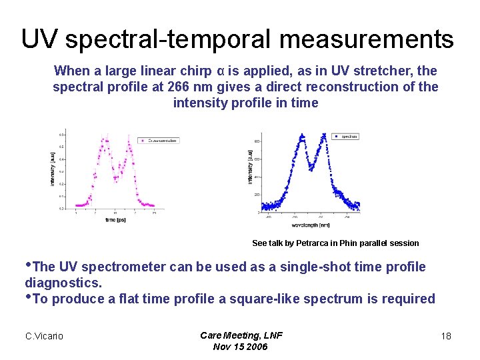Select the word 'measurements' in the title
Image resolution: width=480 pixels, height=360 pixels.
tap(367, 39)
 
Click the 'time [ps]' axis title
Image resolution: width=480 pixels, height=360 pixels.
tap(115, 220)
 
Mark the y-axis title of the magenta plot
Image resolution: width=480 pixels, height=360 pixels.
tap(53, 169)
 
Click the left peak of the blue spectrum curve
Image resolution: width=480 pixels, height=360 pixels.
tap(302, 137)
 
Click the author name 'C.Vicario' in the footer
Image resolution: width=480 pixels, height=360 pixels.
tap(44, 336)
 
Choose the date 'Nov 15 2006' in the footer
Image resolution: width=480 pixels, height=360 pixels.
tap(240, 347)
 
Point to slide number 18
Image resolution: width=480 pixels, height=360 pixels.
tap(446, 336)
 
